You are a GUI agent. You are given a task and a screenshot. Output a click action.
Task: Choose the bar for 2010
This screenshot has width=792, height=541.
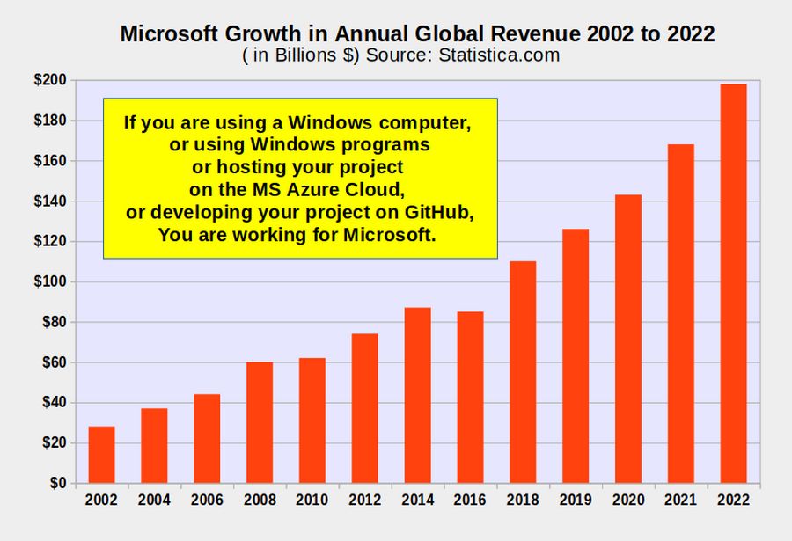(x=312, y=420)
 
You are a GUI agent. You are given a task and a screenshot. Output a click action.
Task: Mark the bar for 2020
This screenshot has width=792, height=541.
(x=627, y=339)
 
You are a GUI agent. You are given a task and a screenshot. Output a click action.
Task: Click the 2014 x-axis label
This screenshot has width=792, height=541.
(x=417, y=501)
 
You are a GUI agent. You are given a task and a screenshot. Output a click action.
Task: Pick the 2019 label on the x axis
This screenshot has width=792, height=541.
(x=576, y=501)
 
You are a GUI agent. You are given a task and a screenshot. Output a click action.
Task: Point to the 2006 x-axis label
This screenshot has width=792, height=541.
(x=207, y=501)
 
